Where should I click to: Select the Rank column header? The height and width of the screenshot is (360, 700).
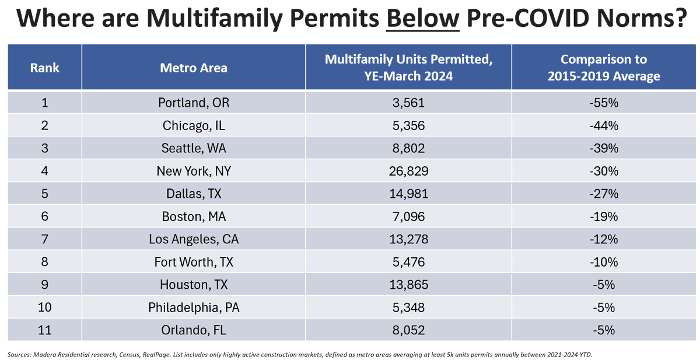(44, 68)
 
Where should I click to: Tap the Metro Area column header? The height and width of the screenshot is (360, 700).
(194, 68)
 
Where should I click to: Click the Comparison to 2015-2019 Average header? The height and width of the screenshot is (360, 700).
(604, 68)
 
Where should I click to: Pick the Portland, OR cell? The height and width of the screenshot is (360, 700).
(194, 103)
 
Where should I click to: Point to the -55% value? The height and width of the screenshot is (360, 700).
(604, 103)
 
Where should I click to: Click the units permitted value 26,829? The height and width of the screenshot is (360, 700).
(408, 172)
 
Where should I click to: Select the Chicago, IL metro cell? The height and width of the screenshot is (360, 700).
(194, 125)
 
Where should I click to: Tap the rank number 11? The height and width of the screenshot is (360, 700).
(44, 330)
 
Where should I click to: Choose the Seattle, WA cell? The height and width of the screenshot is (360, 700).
(194, 148)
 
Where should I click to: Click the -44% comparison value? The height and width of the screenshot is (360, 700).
(604, 125)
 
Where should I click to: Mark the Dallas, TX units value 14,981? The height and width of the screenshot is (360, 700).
(408, 194)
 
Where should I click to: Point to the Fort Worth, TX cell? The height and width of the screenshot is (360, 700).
(194, 262)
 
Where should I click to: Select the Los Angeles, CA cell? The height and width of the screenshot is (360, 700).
(194, 239)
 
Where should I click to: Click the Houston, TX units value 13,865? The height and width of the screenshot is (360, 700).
(408, 285)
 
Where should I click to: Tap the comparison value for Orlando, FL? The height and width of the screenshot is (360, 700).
(604, 330)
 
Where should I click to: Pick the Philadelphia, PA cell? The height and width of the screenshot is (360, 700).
(194, 307)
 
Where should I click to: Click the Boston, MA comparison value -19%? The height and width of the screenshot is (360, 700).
(604, 216)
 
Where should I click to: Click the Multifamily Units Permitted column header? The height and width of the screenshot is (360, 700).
(408, 68)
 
